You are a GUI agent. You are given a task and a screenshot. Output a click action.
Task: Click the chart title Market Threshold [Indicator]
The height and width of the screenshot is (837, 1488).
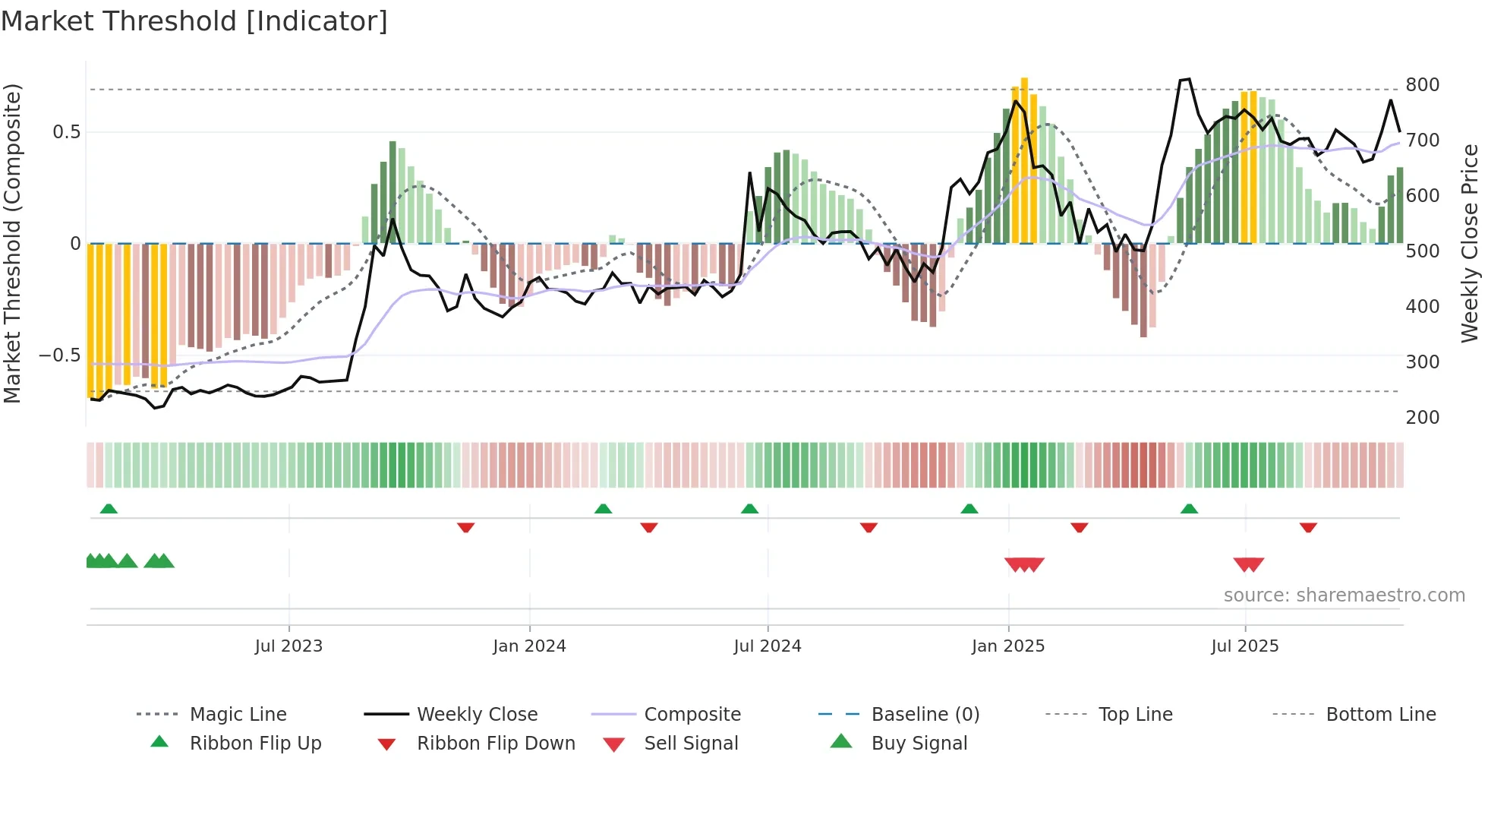194,21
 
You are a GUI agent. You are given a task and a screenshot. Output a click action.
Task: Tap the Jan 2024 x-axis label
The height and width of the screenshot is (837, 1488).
529,646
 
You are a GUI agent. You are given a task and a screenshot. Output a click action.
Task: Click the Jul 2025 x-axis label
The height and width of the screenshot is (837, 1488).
1244,646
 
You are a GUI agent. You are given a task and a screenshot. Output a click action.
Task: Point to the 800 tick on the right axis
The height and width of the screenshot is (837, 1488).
1422,84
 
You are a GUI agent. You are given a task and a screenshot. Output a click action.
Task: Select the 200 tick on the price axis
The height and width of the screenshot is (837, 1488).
1422,417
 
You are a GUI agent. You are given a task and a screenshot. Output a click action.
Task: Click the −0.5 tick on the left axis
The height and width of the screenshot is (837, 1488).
59,355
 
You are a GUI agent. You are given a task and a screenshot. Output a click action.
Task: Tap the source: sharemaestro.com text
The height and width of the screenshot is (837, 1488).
1344,595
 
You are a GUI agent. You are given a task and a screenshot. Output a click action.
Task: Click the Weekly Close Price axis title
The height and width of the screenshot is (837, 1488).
1470,243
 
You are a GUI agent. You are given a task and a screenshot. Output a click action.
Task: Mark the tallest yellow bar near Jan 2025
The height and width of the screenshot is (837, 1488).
1024,160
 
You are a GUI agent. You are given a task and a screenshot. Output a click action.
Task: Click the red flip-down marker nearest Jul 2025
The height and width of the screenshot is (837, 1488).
1307,527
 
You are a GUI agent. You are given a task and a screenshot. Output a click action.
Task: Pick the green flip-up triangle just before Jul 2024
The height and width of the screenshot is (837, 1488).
750,509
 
